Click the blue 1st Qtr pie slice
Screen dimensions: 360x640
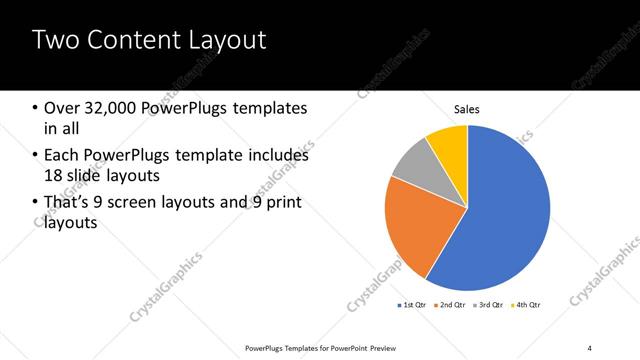pyautogui.click(x=500, y=210)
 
